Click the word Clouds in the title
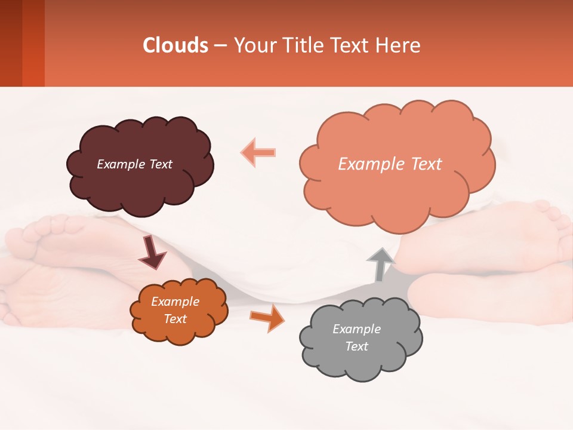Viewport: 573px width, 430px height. pyautogui.click(x=175, y=45)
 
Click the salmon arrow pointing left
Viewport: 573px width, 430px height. pyautogui.click(x=258, y=152)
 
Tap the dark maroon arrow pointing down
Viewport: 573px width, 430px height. pyautogui.click(x=152, y=252)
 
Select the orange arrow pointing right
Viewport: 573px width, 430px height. pyautogui.click(x=267, y=318)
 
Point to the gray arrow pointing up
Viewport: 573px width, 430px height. pyautogui.click(x=380, y=264)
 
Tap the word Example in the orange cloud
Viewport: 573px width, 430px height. pyautogui.click(x=175, y=302)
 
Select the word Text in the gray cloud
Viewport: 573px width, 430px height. pyautogui.click(x=356, y=346)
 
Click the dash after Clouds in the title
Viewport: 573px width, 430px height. pyautogui.click(x=219, y=46)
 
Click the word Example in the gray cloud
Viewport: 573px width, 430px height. pyautogui.click(x=356, y=329)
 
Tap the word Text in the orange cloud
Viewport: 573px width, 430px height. pyautogui.click(x=175, y=319)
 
